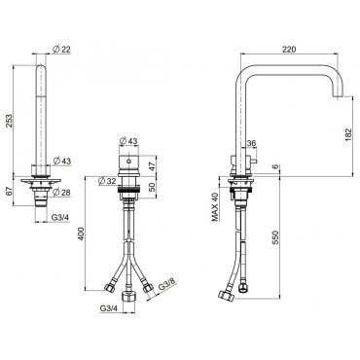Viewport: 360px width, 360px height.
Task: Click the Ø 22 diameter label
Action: (x=61, y=49)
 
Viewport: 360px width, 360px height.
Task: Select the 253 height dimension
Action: (x=9, y=121)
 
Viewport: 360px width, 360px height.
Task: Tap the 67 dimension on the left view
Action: (x=9, y=191)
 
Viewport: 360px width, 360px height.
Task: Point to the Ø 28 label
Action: (x=61, y=193)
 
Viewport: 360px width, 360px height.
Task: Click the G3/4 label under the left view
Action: (x=60, y=218)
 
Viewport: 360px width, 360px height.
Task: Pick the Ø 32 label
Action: (x=107, y=181)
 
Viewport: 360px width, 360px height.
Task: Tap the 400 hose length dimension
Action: (x=81, y=234)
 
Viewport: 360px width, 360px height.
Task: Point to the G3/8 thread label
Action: (x=167, y=284)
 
